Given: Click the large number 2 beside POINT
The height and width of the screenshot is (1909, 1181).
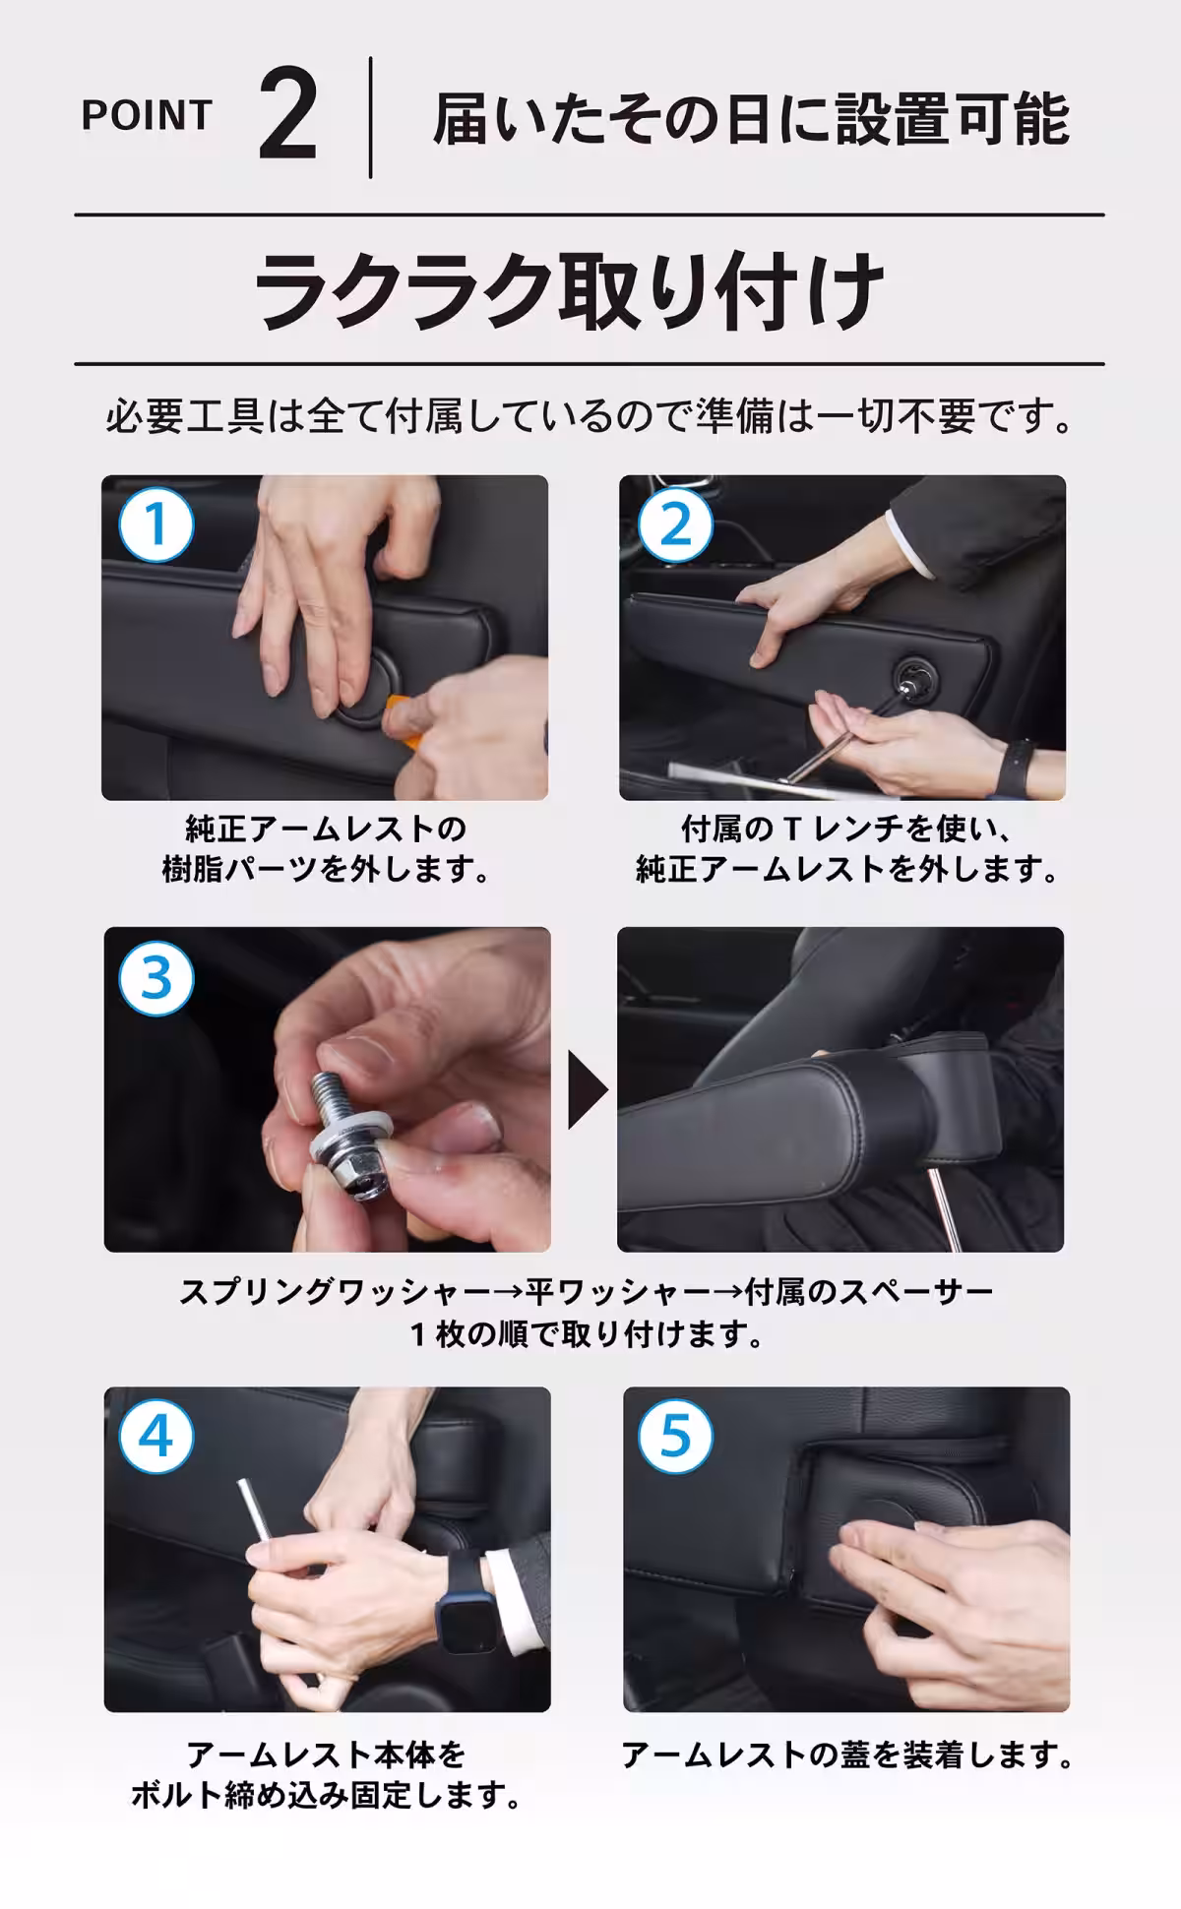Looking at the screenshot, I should click(x=288, y=119).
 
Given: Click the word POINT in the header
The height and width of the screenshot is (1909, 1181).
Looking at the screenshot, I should click(x=147, y=116).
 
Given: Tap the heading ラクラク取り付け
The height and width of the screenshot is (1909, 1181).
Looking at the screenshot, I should click(x=570, y=290).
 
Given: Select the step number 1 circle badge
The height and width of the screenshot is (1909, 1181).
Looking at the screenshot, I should click(x=156, y=524).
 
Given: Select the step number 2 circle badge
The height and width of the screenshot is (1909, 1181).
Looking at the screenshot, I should click(x=675, y=524).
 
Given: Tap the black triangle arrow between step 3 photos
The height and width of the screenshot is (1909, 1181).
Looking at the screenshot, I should click(x=587, y=1089).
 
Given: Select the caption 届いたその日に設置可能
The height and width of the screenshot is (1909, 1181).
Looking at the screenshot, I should click(x=751, y=119).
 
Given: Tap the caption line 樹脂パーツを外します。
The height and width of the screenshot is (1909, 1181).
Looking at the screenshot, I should click(x=326, y=870).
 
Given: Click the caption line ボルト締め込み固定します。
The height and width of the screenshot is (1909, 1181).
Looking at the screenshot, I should click(x=326, y=1796).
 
